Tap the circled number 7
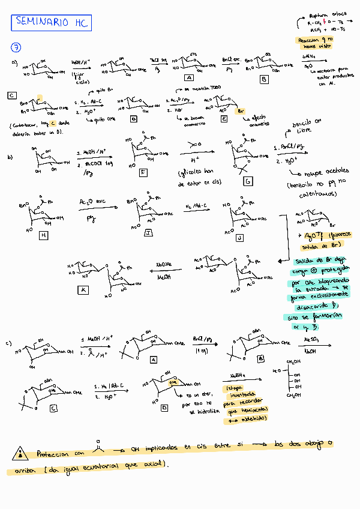(x=16, y=48)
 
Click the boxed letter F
(x=143, y=172)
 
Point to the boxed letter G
(x=247, y=180)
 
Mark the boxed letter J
(x=239, y=238)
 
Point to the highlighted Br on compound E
(x=240, y=112)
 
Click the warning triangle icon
(x=22, y=454)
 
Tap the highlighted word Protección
(x=53, y=454)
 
